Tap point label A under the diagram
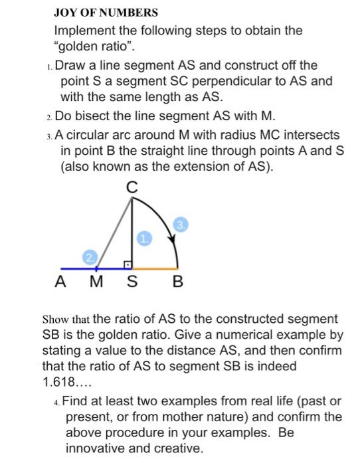coord(60,282)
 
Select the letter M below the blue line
coord(97,282)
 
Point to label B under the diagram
coord(177,282)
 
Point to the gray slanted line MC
coord(114,232)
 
